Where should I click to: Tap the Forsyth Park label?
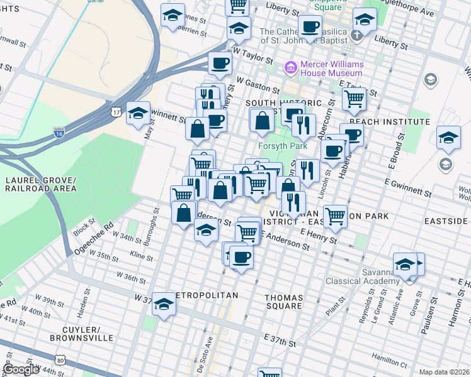coord(276,146)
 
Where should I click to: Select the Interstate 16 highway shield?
coord(59,133)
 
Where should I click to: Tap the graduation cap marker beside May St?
coord(138,113)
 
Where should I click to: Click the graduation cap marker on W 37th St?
coord(164,304)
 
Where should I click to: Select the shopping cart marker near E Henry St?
coord(336,216)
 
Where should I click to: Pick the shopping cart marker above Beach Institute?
coord(355,97)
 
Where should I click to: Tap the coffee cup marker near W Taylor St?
coord(220,62)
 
